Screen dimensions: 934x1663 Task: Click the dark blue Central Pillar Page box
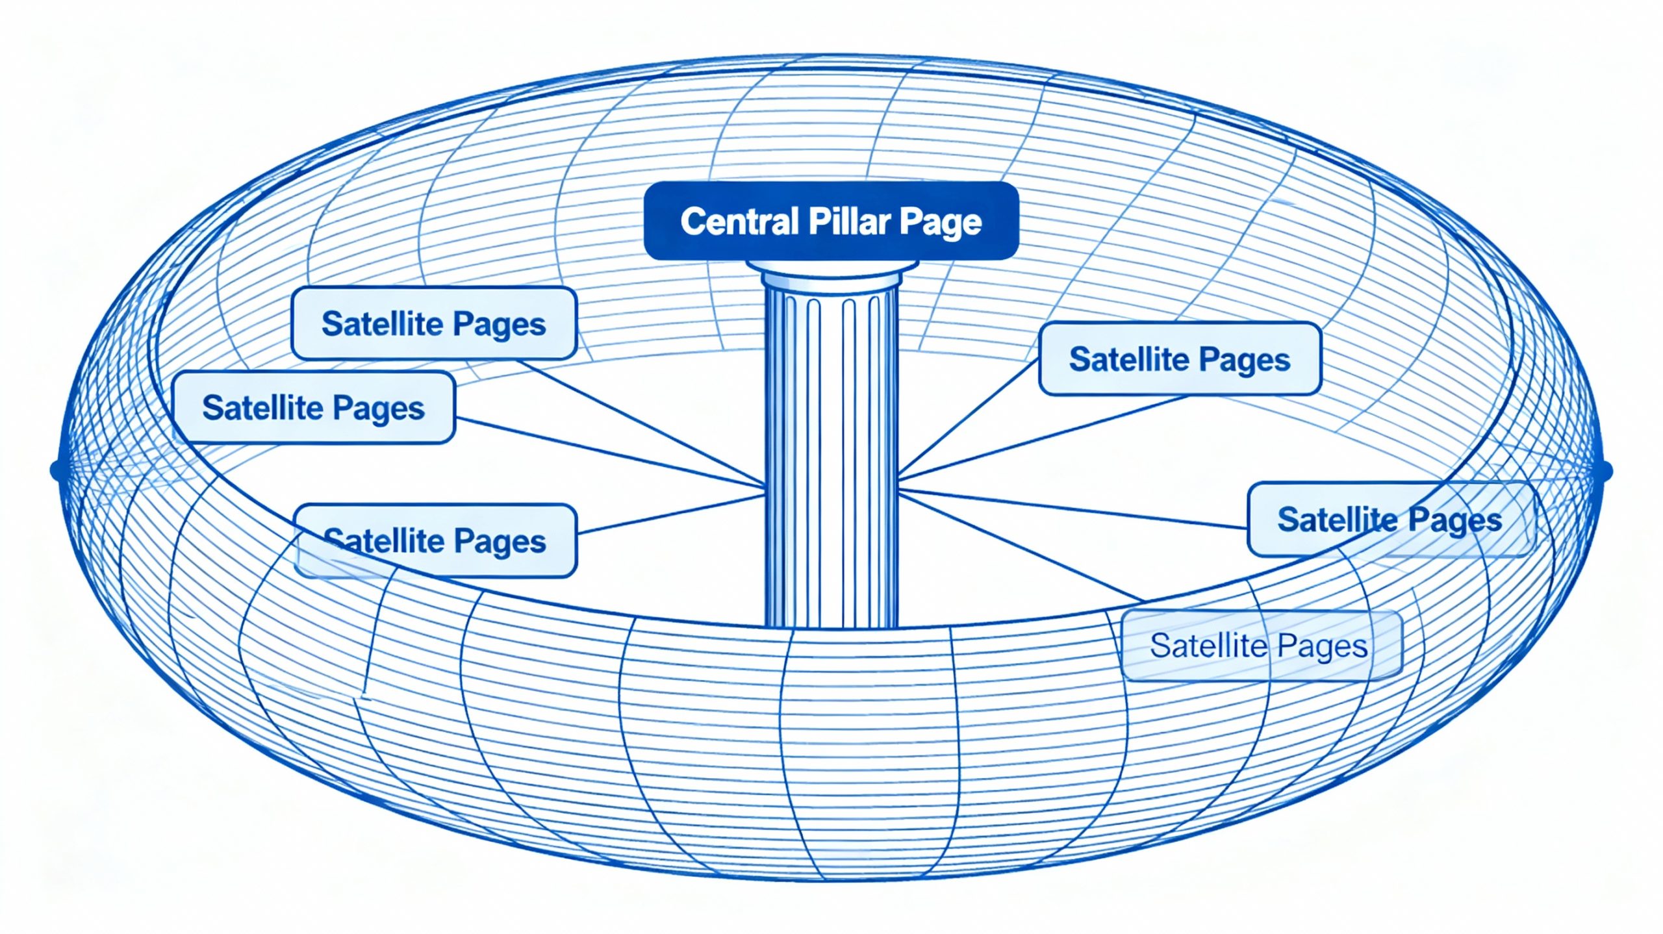831,221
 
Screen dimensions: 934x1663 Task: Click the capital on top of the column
832,273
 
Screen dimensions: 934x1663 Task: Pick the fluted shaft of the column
832,455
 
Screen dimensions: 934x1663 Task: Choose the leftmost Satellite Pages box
314,408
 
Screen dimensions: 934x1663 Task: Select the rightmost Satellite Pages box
1390,520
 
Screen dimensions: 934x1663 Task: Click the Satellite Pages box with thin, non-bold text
1260,646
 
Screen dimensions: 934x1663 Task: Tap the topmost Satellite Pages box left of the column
434,323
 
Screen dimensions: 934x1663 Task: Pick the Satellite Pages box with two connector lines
1180,359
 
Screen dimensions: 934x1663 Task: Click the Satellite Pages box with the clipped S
435,541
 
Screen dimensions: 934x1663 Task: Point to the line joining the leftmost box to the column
611,452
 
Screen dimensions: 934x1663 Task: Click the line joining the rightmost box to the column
1072,509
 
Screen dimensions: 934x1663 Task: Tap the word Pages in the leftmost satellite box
378,409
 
